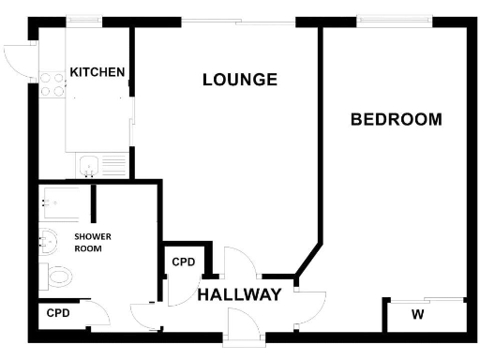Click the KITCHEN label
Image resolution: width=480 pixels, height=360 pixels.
click(x=97, y=72)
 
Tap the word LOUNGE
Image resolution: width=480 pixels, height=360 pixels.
click(x=240, y=80)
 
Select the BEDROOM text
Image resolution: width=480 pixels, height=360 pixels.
click(x=396, y=119)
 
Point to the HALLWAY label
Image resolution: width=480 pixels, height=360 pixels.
click(x=239, y=295)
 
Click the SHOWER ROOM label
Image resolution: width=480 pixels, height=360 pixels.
click(x=88, y=244)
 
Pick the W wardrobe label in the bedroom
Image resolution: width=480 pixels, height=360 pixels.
click(x=418, y=314)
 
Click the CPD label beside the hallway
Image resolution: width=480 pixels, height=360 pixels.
click(x=184, y=262)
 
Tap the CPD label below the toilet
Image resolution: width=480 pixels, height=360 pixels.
click(x=58, y=313)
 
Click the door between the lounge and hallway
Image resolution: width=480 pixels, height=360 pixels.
click(x=237, y=262)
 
